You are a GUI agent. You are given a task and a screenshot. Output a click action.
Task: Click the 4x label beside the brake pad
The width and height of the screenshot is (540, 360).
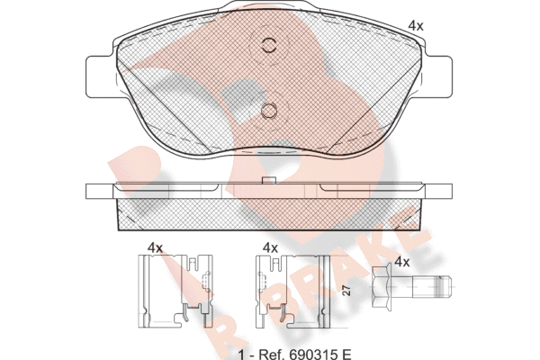coord(415,26)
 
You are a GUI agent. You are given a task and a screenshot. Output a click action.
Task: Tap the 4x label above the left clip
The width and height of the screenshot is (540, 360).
coord(155,247)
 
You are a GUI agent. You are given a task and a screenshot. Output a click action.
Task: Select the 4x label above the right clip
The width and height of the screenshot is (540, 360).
coord(270,247)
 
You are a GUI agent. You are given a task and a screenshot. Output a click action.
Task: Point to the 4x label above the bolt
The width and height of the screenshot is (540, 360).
coord(402,262)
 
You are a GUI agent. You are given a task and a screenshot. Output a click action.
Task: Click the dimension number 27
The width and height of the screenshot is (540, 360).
coord(347,291)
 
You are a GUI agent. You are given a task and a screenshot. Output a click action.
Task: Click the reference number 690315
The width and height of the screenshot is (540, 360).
coord(312,354)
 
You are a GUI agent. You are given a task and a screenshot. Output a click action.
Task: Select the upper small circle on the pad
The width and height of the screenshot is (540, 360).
coord(269,45)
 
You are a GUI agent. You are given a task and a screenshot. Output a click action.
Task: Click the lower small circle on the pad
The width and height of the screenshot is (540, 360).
coord(269,111)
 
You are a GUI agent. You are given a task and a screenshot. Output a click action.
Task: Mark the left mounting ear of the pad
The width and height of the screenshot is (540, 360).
coord(100,76)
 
